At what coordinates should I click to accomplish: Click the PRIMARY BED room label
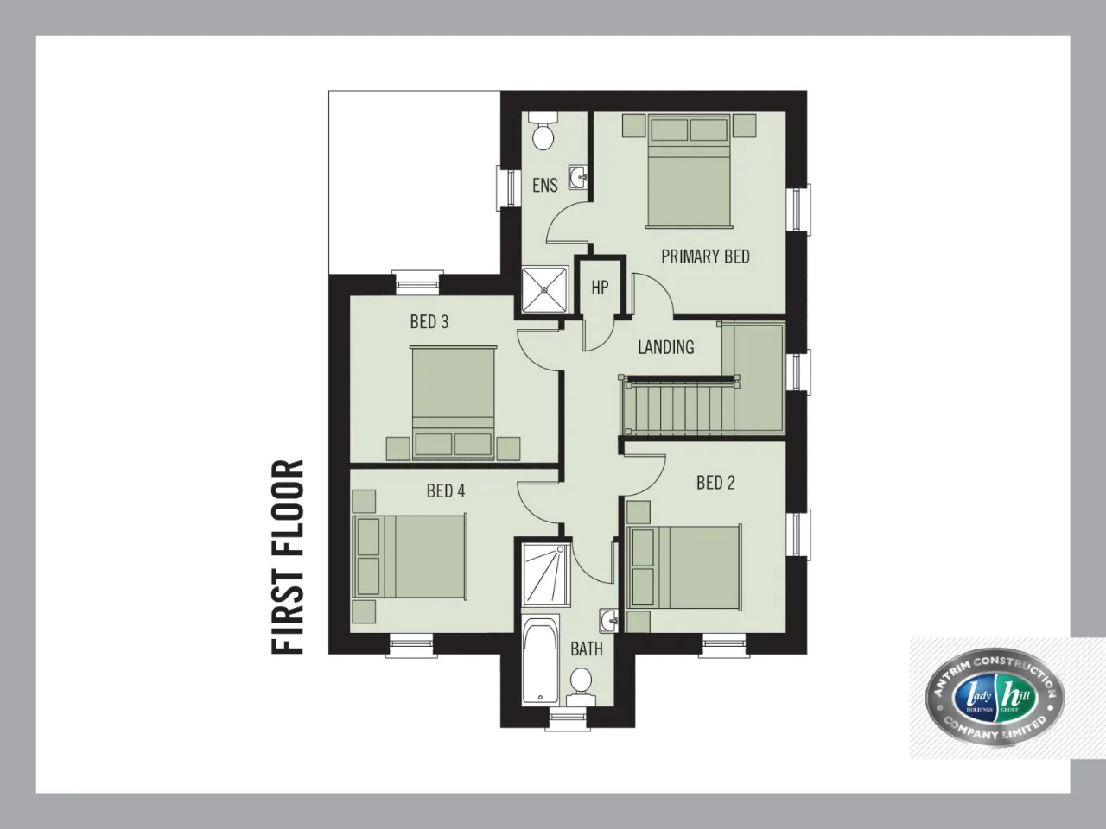coord(705,256)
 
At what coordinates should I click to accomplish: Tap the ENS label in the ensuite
coord(544,185)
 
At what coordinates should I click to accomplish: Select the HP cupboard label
coord(600,288)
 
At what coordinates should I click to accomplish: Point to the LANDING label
coord(665,347)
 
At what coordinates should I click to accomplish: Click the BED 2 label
coord(715,483)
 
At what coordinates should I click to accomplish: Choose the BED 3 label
coord(429,321)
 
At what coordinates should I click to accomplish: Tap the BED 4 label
coord(445,490)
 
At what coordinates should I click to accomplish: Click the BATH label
coord(587,649)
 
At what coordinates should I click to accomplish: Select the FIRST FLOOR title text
coord(288,557)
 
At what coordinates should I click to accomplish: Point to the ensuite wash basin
coord(578,177)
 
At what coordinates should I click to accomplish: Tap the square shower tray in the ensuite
coord(544,290)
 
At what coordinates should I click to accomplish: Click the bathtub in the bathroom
coord(541,659)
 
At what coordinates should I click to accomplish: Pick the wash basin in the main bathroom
coord(608,621)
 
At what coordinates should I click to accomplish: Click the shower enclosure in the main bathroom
coord(546,575)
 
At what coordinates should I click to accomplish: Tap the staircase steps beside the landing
coord(680,407)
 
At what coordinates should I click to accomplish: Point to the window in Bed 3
coord(416,283)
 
